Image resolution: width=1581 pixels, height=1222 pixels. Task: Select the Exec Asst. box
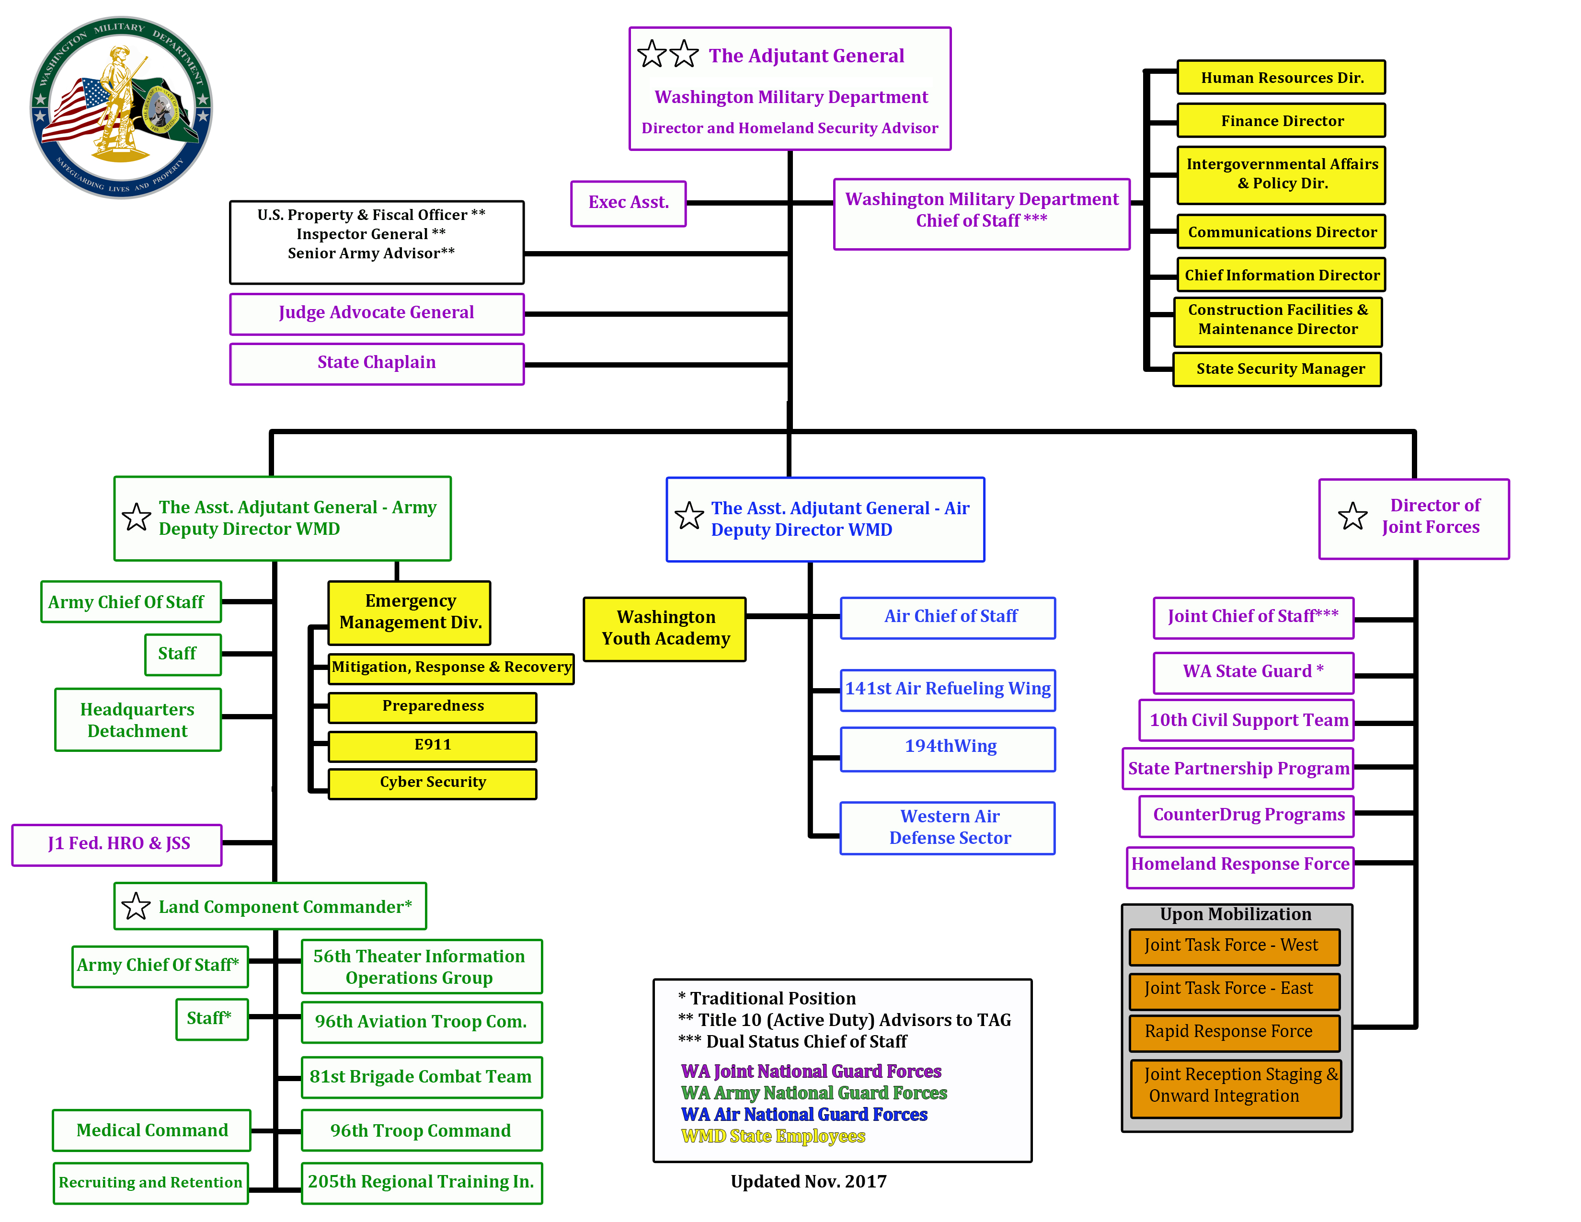click(x=628, y=203)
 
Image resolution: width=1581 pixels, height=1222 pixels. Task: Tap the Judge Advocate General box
click(x=377, y=313)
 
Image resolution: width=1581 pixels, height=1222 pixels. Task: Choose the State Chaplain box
click(x=377, y=363)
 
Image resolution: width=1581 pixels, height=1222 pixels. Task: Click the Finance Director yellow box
click(x=1281, y=121)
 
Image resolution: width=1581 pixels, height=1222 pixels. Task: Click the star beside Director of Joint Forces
click(x=1352, y=517)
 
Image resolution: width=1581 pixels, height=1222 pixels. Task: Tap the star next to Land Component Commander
click(x=136, y=906)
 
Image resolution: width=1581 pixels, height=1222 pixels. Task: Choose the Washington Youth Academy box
click(x=664, y=628)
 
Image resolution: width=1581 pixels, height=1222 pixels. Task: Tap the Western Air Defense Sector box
click(x=948, y=828)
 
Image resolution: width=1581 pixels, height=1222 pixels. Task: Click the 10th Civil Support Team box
click(x=1247, y=720)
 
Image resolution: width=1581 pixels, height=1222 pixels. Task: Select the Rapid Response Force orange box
click(x=1234, y=1032)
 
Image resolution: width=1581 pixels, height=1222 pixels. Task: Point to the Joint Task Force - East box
click(x=1234, y=990)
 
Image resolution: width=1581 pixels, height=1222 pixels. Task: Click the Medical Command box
click(x=151, y=1130)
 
